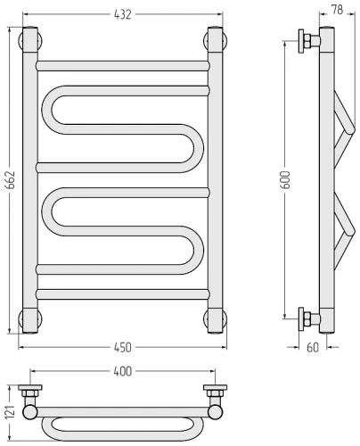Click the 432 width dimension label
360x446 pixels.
click(122, 14)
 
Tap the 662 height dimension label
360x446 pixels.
click(10, 180)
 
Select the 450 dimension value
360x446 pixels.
click(122, 347)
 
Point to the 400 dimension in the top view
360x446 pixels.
click(122, 371)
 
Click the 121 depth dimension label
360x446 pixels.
click(10, 412)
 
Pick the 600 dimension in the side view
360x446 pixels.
click(286, 180)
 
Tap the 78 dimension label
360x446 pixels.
click(337, 10)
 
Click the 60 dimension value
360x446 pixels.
click(313, 347)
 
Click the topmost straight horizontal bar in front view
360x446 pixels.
click(122, 66)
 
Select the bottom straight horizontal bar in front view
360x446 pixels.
click(122, 294)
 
